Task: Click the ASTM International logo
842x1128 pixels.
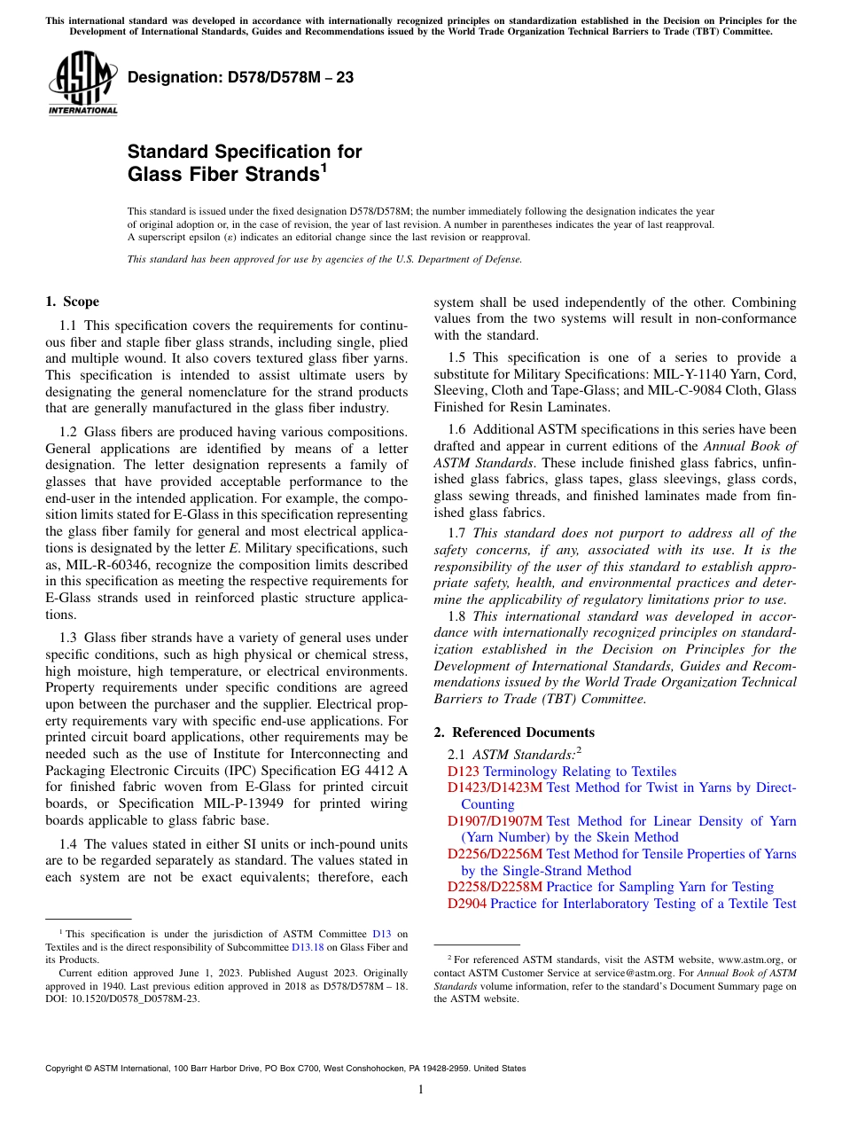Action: coord(82,82)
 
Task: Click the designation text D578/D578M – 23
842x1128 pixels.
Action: coord(240,77)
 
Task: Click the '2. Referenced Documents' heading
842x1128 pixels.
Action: coord(514,732)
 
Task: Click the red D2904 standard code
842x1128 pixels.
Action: coord(467,904)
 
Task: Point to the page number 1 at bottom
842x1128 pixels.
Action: coord(421,1089)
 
